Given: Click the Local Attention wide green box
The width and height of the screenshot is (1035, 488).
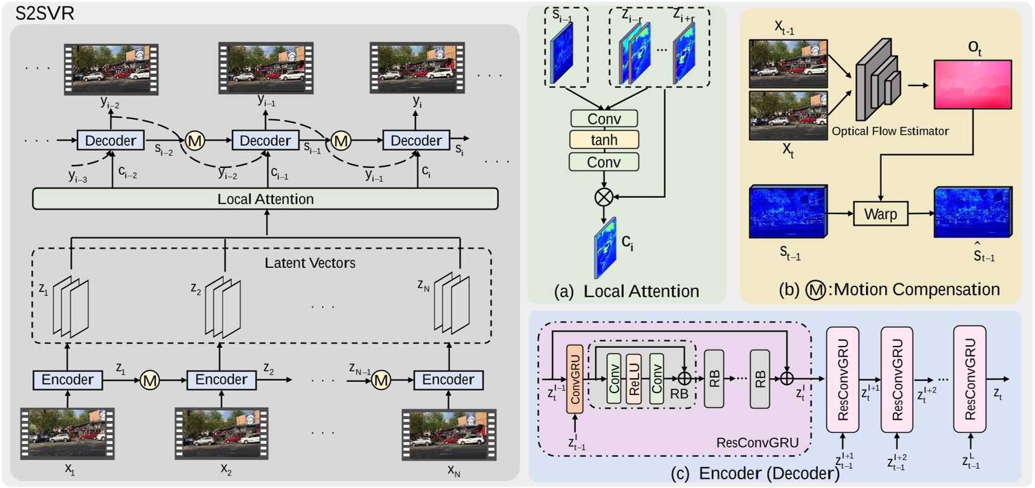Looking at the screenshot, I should [x=265, y=199].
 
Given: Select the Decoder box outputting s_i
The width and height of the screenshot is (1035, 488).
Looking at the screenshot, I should [x=416, y=141].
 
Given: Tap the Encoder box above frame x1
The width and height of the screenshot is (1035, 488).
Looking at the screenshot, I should [x=68, y=379].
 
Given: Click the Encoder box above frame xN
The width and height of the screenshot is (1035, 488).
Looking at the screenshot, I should [x=448, y=379].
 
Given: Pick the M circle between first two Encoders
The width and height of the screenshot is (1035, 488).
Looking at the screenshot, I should [x=149, y=380].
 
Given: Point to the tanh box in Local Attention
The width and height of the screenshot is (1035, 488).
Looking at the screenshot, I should [x=604, y=140].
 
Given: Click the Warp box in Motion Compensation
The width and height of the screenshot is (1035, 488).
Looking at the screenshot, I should [x=880, y=214].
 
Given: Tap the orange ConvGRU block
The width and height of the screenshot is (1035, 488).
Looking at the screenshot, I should [x=575, y=379].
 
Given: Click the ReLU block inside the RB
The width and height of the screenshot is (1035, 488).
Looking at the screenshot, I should [x=634, y=379].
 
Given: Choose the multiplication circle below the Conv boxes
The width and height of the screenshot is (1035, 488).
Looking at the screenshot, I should [x=603, y=197].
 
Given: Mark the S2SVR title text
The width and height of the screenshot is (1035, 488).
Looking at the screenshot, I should [x=45, y=14].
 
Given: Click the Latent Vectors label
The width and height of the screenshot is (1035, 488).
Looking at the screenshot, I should [x=310, y=263].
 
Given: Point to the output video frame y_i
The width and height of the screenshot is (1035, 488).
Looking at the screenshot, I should [x=417, y=68].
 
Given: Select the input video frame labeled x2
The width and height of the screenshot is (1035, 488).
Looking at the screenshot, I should [x=221, y=433].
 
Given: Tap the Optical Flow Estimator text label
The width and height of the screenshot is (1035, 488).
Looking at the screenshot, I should [x=890, y=131].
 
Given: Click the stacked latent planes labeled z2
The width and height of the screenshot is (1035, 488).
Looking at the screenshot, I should [x=223, y=307].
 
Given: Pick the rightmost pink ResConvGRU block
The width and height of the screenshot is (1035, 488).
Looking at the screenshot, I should [x=970, y=379].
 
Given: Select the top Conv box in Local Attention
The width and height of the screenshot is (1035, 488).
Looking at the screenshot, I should [x=604, y=118].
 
